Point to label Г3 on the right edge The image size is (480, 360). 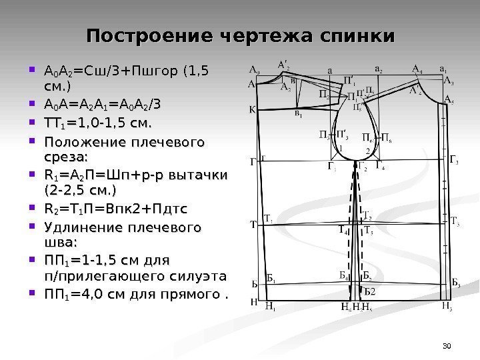(x=455, y=160)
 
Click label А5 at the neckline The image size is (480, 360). (x=451, y=99)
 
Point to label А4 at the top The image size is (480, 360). (x=418, y=68)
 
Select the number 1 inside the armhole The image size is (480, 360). (x=341, y=148)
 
